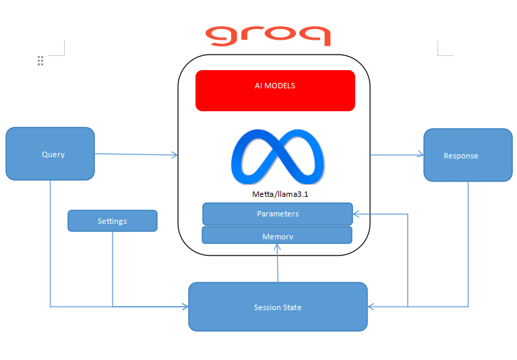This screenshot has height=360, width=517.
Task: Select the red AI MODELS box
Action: [275, 90]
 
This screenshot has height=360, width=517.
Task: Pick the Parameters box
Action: [277, 214]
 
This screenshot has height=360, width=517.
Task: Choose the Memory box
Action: [277, 236]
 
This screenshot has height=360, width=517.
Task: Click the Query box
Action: [50, 154]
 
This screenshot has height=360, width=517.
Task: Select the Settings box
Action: [112, 220]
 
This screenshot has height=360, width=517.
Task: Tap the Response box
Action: [467, 156]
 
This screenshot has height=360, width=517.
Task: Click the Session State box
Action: [278, 307]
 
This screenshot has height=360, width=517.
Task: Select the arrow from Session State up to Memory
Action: [278, 264]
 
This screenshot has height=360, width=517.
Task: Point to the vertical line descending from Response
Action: [468, 243]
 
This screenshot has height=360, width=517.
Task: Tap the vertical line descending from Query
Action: [51, 243]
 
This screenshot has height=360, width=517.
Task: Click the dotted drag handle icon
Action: [40, 61]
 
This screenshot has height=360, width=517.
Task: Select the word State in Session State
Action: [292, 307]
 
